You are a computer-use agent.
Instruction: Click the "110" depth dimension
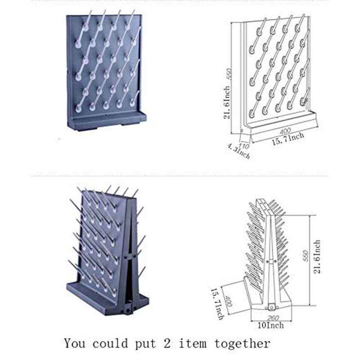click(x=244, y=146)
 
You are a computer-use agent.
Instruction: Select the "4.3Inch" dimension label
click(x=238, y=151)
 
